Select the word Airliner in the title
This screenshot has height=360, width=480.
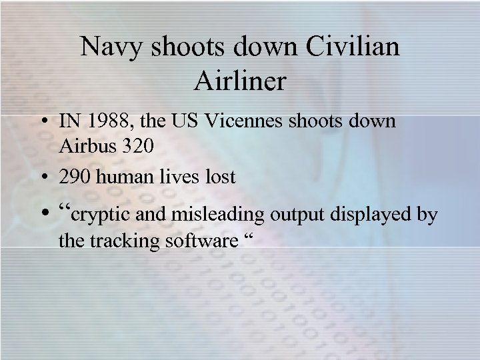point(240,81)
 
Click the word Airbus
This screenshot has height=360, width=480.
point(86,147)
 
